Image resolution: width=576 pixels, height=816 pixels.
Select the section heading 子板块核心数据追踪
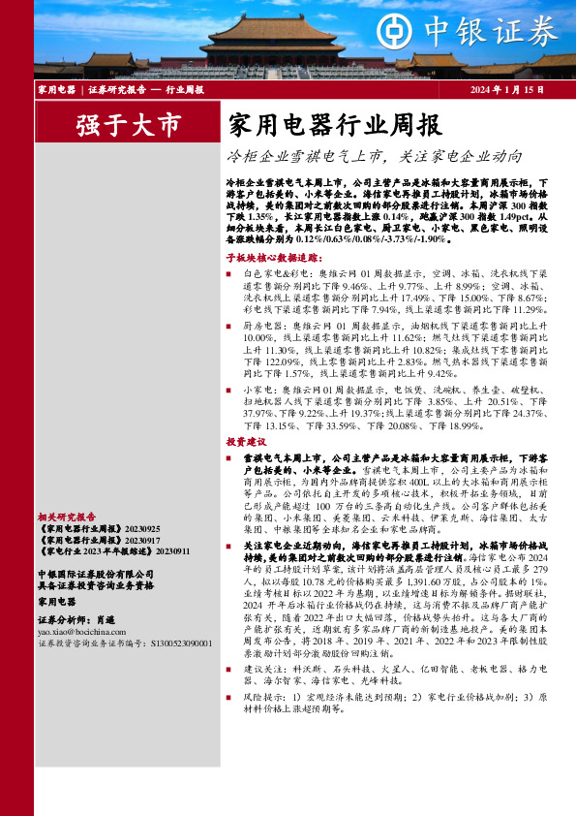point(272,260)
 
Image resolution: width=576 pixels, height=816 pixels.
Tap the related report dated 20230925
point(85,529)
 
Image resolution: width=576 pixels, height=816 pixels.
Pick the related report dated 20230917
point(85,540)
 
